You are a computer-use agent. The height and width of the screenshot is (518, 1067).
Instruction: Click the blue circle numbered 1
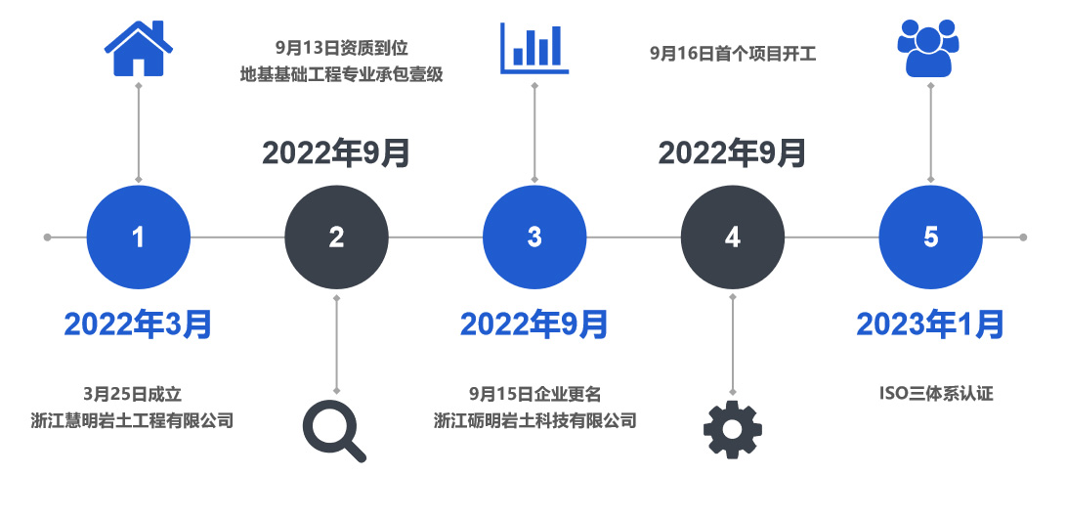[x=139, y=237]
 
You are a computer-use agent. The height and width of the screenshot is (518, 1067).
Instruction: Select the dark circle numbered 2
[x=336, y=237]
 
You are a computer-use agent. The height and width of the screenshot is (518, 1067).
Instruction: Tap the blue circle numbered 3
[x=534, y=237]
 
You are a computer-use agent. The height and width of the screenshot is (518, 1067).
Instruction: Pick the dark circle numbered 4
[x=732, y=237]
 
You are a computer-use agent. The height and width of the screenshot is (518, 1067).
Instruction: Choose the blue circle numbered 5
[x=930, y=237]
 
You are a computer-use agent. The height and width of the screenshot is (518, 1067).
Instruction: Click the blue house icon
[x=139, y=48]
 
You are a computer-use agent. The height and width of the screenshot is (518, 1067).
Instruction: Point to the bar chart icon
[x=534, y=48]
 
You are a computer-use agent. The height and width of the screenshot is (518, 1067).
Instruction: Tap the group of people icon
[x=928, y=48]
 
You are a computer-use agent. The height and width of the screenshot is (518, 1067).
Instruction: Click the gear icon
[x=732, y=429]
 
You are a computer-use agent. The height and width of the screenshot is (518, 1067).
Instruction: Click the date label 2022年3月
[x=138, y=324]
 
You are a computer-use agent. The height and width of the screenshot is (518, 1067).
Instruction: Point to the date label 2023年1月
[x=930, y=324]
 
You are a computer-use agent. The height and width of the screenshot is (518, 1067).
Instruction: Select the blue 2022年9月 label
[x=534, y=324]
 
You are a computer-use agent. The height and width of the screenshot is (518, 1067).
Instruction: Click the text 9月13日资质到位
[x=342, y=48]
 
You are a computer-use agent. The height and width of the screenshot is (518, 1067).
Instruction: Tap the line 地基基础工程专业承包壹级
[x=342, y=74]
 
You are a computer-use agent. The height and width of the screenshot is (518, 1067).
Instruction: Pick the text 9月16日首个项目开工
[x=733, y=53]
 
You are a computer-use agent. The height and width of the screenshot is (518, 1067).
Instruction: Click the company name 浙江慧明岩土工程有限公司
[x=132, y=420]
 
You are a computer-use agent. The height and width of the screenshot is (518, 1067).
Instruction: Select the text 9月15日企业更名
[x=534, y=394]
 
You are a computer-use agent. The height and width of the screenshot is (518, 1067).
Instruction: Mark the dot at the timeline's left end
[x=47, y=237]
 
